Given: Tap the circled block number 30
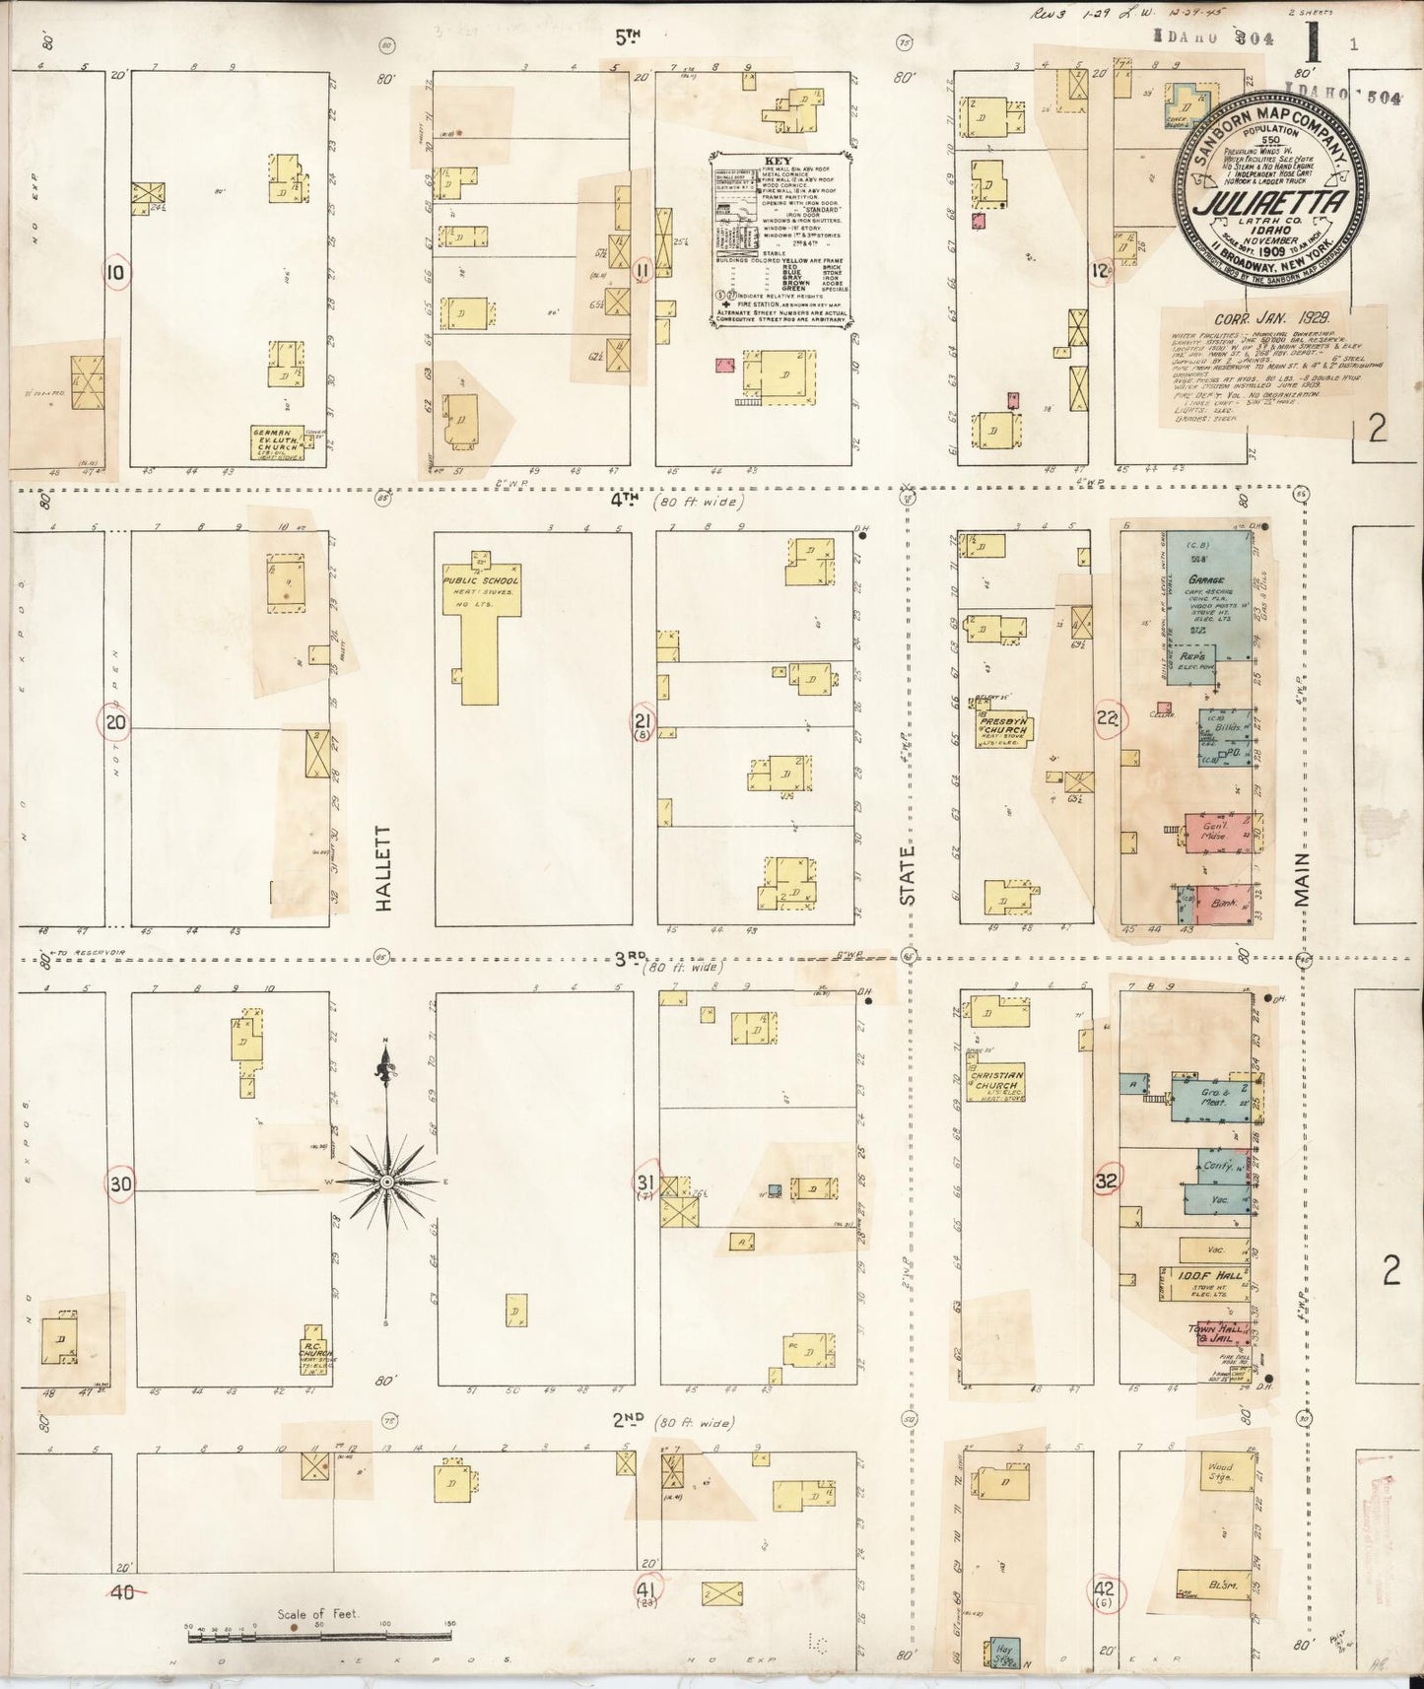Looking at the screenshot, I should [x=120, y=1182].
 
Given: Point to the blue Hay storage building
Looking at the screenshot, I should [x=1004, y=1653].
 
